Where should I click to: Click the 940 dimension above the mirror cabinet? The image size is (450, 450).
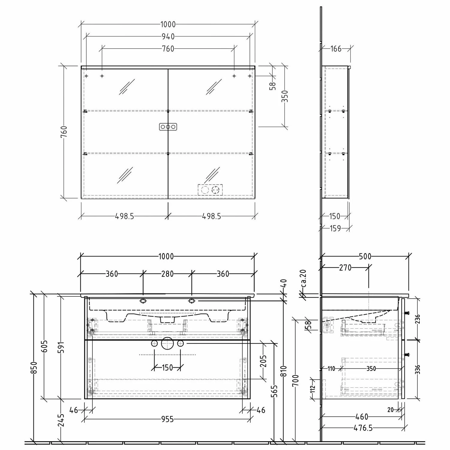tap(168, 37)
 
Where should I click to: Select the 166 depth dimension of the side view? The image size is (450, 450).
tap(336, 49)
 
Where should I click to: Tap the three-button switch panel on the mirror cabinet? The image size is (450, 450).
tap(168, 127)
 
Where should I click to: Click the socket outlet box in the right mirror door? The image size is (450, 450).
tap(210, 190)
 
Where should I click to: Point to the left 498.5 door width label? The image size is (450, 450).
tap(124, 216)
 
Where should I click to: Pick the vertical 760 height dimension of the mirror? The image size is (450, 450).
tap(64, 132)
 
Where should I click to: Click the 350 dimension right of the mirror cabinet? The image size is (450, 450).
tap(285, 96)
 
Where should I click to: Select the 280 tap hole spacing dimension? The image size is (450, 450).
tap(167, 274)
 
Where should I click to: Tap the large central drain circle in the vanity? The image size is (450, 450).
tap(167, 344)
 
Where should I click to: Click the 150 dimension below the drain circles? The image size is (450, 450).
tap(167, 367)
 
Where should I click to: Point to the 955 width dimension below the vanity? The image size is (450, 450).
tap(167, 419)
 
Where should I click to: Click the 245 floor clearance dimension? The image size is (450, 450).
tap(61, 420)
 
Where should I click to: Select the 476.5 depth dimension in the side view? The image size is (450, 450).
tap(363, 428)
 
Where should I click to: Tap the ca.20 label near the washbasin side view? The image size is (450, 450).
tap(303, 278)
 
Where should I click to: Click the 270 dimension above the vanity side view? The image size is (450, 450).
tap(345, 268)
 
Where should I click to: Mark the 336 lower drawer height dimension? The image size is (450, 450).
tap(417, 369)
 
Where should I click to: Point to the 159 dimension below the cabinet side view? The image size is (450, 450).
tap(335, 229)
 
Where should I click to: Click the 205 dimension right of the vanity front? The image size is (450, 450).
tap(263, 361)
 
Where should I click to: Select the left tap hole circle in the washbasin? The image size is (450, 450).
tap(143, 301)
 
